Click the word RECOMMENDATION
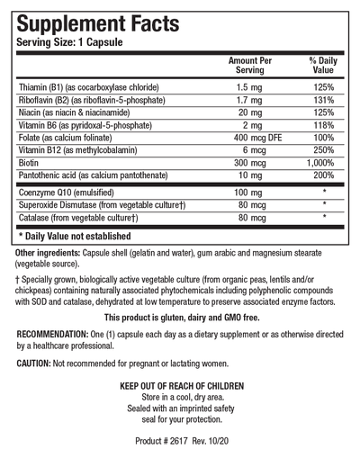pos(62,334)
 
